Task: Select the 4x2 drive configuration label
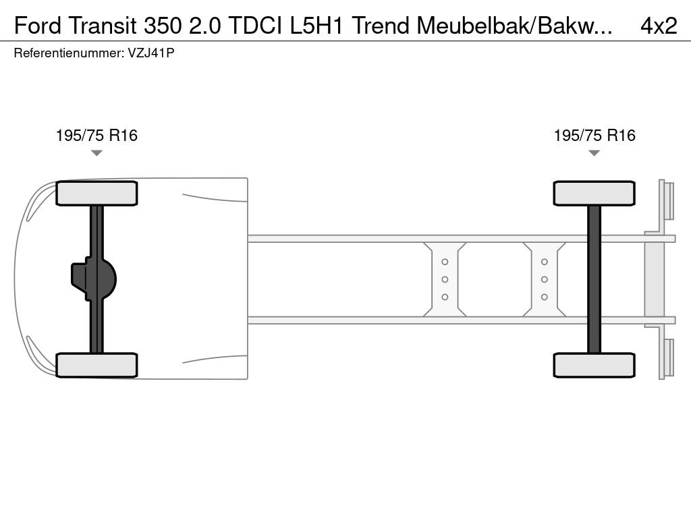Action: click(659, 26)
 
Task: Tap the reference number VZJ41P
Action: click(151, 53)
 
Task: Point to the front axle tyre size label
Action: click(96, 135)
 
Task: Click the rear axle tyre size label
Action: click(595, 135)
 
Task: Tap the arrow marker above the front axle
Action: click(96, 153)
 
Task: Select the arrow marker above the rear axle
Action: click(594, 153)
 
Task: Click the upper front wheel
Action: click(96, 194)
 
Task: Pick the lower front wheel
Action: click(96, 365)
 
